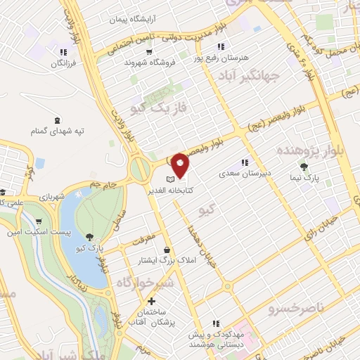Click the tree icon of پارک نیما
coord(304,167)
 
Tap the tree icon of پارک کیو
coord(89,237)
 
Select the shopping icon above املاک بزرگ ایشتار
coord(166,250)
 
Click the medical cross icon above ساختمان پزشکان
coord(151,301)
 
